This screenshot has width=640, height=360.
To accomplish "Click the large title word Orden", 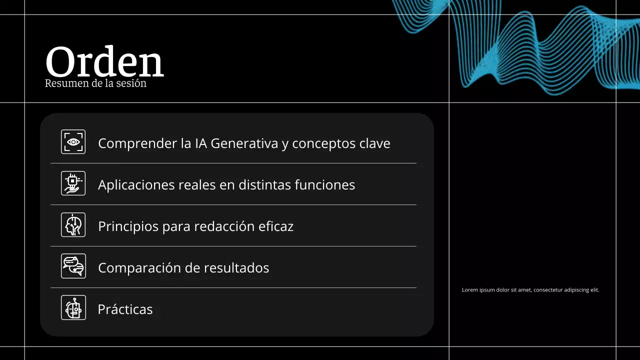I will (x=104, y=62).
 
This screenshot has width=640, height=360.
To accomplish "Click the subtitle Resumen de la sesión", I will (x=95, y=83).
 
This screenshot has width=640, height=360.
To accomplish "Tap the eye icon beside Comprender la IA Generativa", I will (x=73, y=142).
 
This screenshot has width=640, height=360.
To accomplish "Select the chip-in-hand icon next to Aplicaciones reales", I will (x=73, y=183).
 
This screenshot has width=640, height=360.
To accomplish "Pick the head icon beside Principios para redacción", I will (x=73, y=224).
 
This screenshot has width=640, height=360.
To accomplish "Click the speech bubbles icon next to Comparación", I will (x=73, y=266).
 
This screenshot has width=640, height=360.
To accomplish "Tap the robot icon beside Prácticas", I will (x=73, y=307).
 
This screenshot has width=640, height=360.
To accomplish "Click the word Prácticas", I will (x=125, y=309).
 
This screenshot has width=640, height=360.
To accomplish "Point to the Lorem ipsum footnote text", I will (x=530, y=290).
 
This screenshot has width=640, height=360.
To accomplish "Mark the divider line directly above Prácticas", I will (x=233, y=287).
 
